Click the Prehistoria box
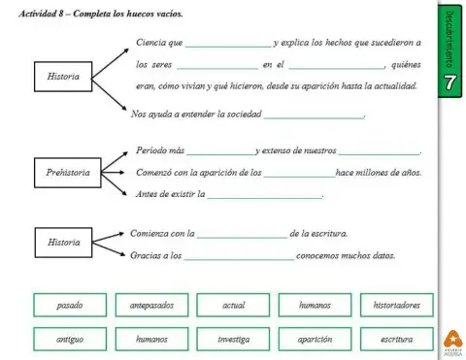(67, 173)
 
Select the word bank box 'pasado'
(70, 306)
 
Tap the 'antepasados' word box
(151, 306)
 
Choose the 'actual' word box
(233, 306)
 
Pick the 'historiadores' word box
(396, 306)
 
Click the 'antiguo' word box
(70, 340)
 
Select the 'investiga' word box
(233, 340)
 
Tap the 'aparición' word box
(316, 340)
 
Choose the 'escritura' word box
(396, 340)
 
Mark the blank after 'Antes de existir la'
(265, 196)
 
